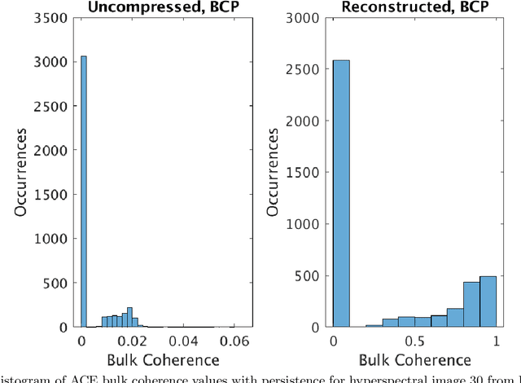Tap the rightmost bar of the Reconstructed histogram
(x=488, y=301)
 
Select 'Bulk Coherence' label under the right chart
(x=414, y=360)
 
